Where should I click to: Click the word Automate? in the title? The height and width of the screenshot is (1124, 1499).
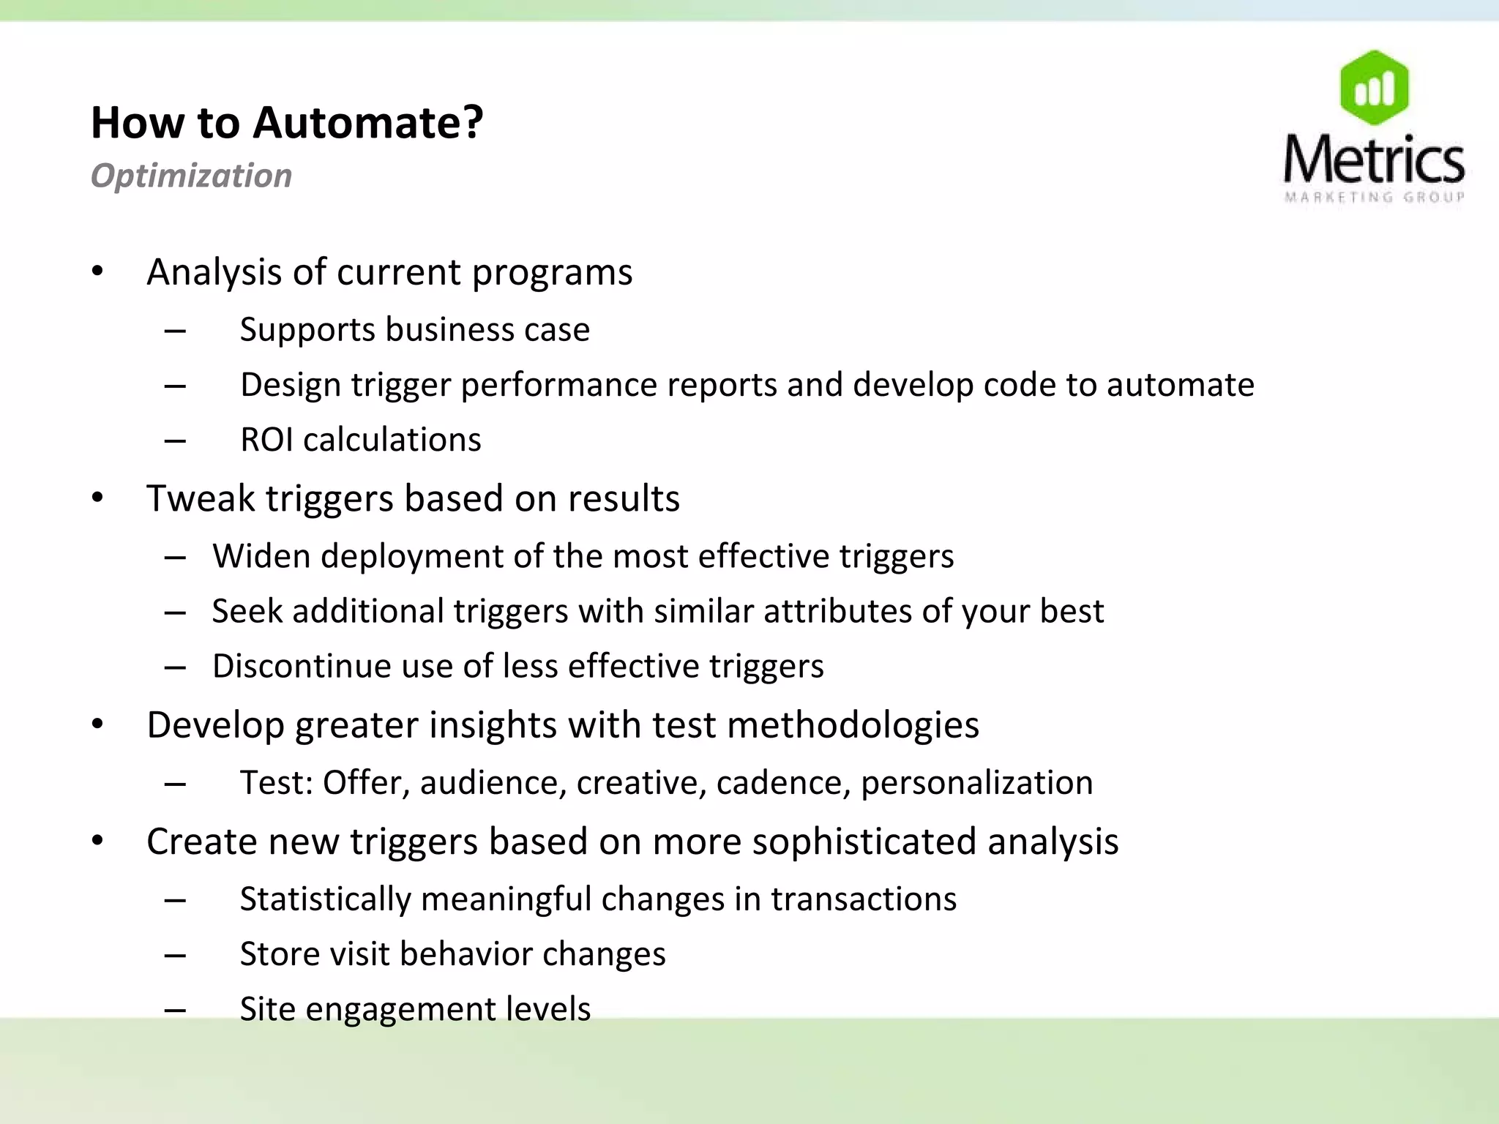click(367, 122)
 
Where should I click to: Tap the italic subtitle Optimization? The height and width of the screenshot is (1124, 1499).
click(191, 176)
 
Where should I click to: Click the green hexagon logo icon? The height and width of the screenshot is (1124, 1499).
click(1374, 88)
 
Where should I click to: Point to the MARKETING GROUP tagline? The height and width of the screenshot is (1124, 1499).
click(1374, 197)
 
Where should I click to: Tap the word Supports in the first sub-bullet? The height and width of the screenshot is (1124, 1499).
click(307, 330)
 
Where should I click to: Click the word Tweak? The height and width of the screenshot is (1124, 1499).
click(200, 498)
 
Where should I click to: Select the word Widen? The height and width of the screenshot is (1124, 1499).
click(261, 556)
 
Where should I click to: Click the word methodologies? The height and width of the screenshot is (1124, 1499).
click(853, 725)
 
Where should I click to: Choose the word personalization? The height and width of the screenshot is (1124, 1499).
click(976, 783)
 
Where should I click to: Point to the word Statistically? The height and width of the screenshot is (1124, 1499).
click(325, 899)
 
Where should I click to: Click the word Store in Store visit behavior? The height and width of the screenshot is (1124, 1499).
click(278, 954)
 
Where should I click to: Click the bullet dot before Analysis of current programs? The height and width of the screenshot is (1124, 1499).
click(98, 272)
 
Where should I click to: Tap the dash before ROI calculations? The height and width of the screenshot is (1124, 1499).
click(175, 441)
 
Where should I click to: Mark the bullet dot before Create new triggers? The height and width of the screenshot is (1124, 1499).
click(98, 842)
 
